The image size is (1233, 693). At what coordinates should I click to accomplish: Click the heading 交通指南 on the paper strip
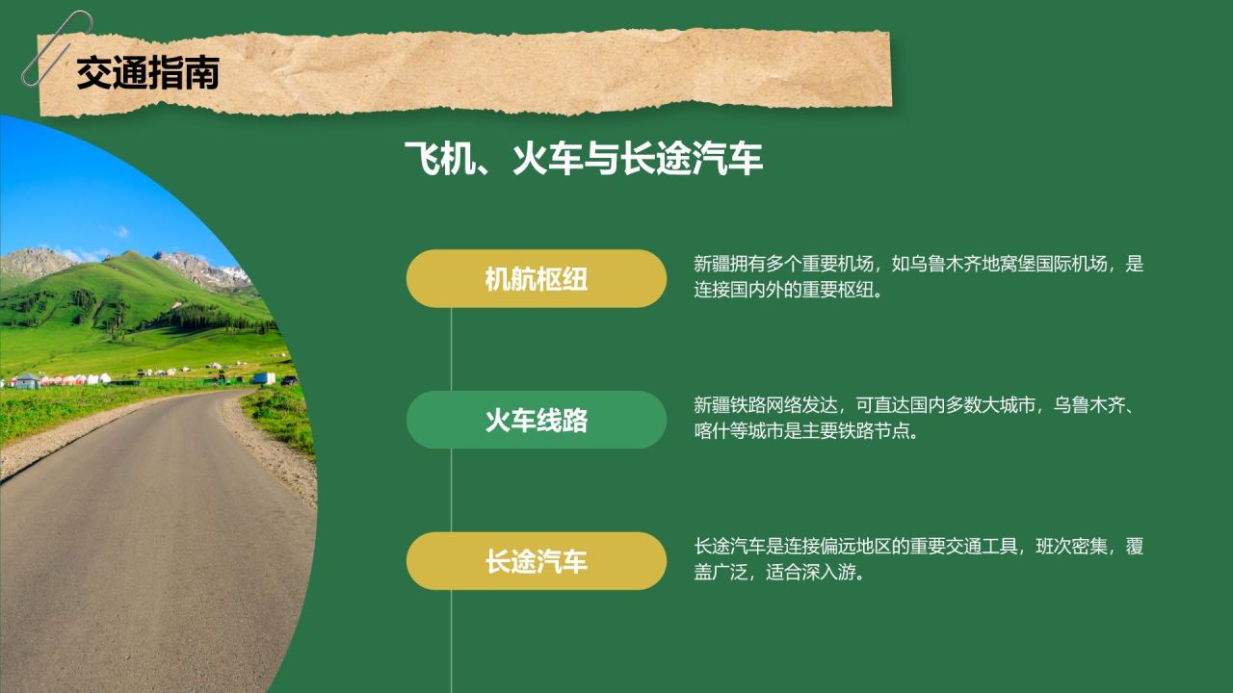coord(147,72)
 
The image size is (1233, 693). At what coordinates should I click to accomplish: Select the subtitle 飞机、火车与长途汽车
coord(584,159)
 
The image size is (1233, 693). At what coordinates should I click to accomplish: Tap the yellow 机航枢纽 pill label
coord(537,278)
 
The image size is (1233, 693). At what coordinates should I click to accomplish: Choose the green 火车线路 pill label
coord(537,420)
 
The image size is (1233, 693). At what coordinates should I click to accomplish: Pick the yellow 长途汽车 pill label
coord(537,561)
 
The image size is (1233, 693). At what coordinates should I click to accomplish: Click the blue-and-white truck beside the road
coord(264,378)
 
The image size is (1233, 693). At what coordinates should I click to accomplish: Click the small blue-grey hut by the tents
coord(26,380)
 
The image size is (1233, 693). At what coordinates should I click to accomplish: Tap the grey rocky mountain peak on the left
coord(34,261)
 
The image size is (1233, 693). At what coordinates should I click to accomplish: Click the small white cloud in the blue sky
coord(122,232)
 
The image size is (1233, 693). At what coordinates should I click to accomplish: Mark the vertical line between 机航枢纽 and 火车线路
coord(452,349)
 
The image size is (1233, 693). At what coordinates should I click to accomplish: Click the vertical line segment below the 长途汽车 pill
coord(452,641)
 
